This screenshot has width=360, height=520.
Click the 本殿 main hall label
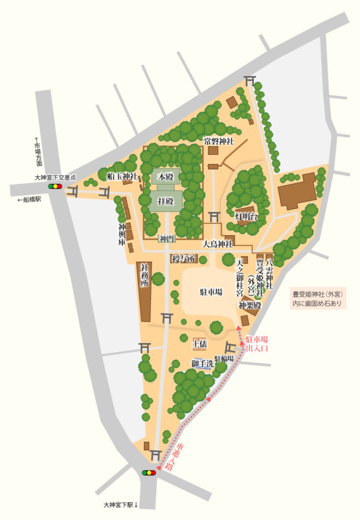[x=166, y=177]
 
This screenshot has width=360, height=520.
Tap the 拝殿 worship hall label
[x=166, y=201]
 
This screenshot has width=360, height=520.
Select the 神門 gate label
[x=167, y=239]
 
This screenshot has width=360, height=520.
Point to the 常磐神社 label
[x=219, y=141]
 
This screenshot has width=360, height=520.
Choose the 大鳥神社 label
[x=217, y=244]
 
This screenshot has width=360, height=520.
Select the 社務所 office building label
[x=145, y=275]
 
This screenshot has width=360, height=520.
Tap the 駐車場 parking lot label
[x=211, y=292]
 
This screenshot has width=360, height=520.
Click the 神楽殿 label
[x=250, y=305]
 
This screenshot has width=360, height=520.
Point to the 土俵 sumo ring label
[x=199, y=344]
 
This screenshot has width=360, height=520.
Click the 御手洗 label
[x=202, y=364]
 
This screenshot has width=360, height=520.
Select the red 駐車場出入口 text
[x=256, y=344]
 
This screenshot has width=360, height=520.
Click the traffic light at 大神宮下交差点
[x=55, y=186]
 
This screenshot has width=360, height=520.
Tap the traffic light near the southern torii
[x=149, y=473]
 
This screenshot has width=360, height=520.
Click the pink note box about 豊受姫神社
[x=318, y=299]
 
